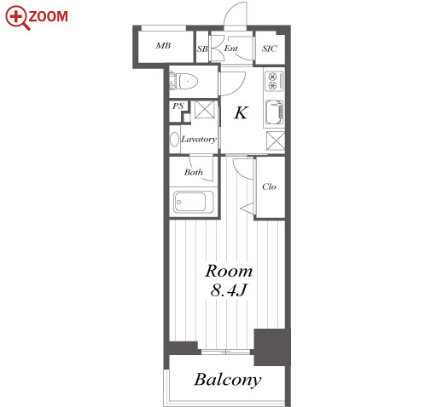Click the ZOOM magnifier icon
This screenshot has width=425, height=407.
point(17,18)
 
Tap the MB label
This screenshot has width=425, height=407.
point(163,45)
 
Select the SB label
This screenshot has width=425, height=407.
point(202,49)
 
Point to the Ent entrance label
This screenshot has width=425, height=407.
point(230,49)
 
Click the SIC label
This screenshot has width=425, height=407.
point(270,49)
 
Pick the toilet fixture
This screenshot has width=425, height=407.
point(183,81)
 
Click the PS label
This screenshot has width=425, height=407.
point(178,106)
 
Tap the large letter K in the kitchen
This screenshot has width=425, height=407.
point(242,112)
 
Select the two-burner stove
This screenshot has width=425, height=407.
point(274,80)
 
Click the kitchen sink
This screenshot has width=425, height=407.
point(275,113)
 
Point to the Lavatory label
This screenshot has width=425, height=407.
point(199,139)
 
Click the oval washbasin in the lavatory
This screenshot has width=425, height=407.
point(174,140)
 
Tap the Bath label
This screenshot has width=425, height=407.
point(194,172)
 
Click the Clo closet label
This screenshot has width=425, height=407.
point(269,186)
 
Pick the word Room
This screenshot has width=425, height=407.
point(229,271)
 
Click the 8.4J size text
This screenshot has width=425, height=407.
point(228,290)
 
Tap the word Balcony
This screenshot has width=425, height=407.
point(228,380)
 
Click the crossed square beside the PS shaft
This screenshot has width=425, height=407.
point(205,109)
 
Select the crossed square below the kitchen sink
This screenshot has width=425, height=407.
point(276,140)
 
